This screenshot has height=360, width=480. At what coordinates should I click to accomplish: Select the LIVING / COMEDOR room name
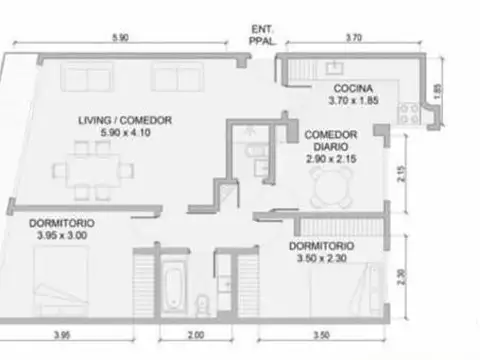[x=126, y=120]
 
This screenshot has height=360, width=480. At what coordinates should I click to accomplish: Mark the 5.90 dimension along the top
[x=120, y=37]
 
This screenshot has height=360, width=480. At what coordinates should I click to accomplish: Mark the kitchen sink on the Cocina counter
[x=334, y=69]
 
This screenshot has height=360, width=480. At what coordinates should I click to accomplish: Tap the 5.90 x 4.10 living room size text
[x=126, y=132]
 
